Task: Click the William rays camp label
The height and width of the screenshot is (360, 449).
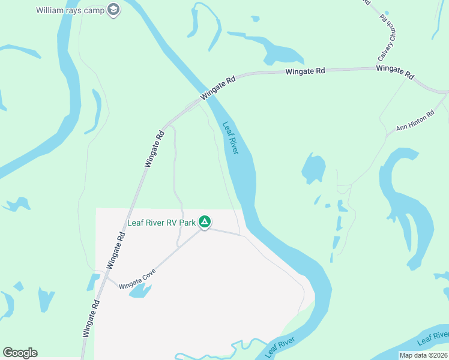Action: pyautogui.click(x=70, y=10)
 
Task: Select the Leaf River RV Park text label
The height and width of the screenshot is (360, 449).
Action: pyautogui.click(x=162, y=223)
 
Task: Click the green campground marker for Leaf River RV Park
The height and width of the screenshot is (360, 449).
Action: pyautogui.click(x=205, y=223)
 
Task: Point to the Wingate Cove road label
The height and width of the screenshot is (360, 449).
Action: pyautogui.click(x=137, y=280)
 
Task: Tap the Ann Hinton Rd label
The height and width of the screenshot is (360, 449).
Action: pyautogui.click(x=415, y=121)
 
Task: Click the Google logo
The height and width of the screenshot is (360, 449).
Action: pyautogui.click(x=20, y=353)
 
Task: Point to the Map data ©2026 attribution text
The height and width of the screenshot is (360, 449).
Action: pyautogui.click(x=423, y=355)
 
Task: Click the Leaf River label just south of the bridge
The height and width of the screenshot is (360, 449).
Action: pyautogui.click(x=231, y=139)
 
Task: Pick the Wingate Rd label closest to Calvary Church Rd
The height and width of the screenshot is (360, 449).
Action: pyautogui.click(x=395, y=73)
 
